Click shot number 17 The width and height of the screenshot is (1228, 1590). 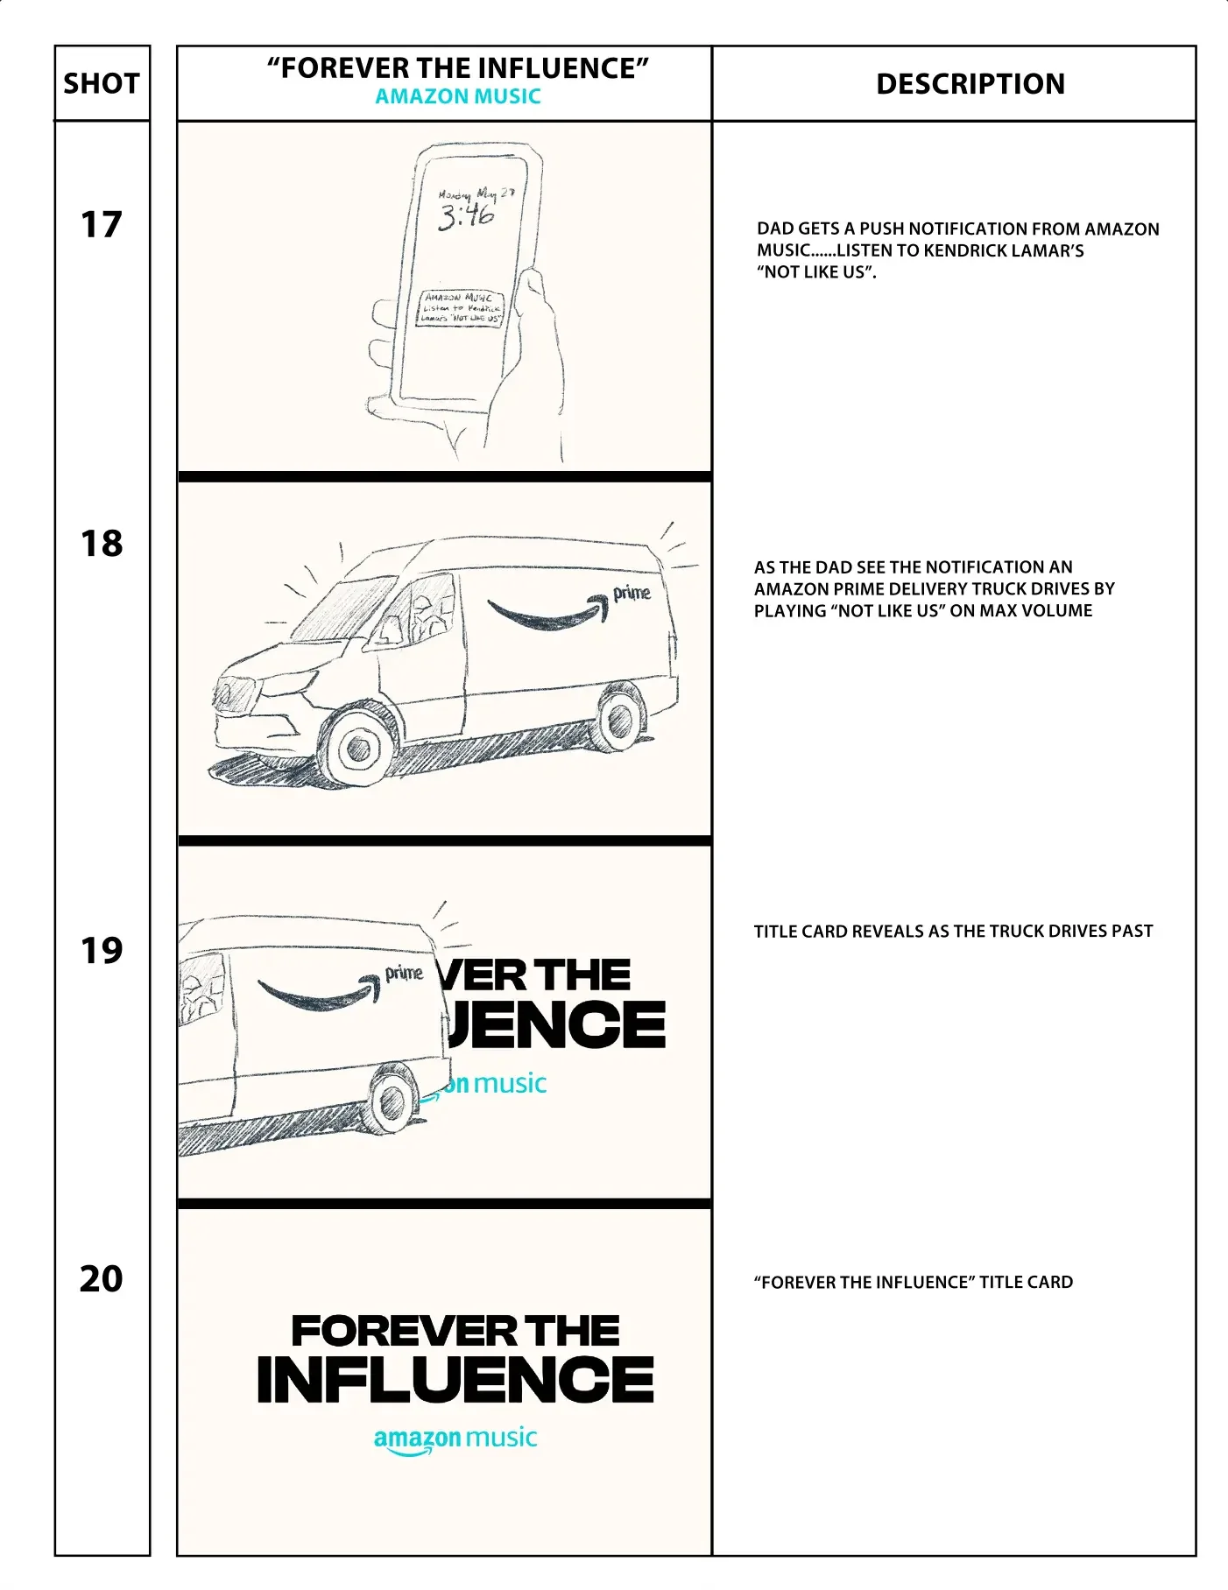[x=101, y=225]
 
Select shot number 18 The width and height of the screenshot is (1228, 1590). [x=102, y=544]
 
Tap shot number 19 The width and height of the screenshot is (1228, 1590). [x=102, y=950]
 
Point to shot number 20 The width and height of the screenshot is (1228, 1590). [x=101, y=1278]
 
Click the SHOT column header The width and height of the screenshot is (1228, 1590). [x=102, y=84]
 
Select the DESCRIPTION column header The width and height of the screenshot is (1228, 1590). [x=970, y=84]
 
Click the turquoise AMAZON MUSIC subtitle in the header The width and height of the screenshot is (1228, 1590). [x=458, y=97]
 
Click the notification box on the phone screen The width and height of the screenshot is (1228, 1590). [x=460, y=308]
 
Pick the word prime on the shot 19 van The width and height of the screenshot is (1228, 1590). [x=404, y=973]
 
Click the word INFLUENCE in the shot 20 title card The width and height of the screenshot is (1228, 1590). [x=455, y=1380]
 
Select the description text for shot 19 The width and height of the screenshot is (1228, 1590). [x=953, y=932]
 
